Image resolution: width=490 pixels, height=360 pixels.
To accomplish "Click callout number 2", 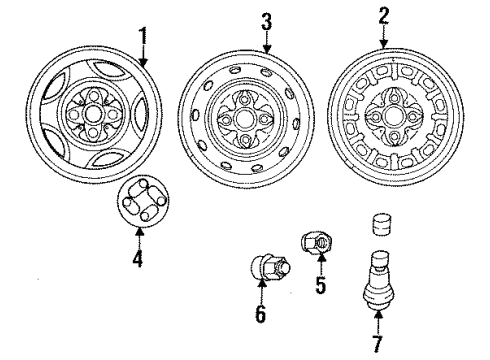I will tap(384, 16).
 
